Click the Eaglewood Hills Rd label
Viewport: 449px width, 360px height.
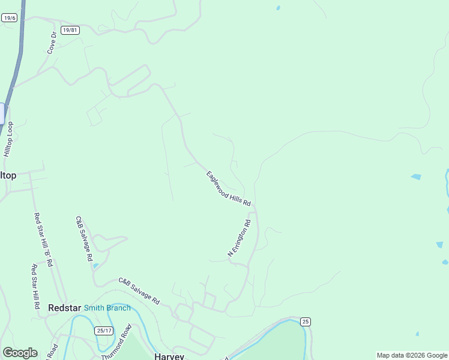point(228,190)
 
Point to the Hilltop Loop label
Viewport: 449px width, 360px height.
point(8,139)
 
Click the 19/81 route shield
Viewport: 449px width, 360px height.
point(70,30)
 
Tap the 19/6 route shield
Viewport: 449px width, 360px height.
point(8,18)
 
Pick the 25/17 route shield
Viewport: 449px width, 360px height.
point(104,331)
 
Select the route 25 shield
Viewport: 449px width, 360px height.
point(306,322)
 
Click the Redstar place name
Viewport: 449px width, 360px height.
point(64,308)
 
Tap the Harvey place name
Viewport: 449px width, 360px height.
point(169,356)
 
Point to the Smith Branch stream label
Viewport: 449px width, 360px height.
point(107,308)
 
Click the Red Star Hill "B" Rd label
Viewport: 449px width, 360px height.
point(43,240)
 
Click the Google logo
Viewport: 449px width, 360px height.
point(20,353)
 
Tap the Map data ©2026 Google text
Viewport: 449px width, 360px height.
point(412,355)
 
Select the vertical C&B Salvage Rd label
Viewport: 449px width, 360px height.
point(84,238)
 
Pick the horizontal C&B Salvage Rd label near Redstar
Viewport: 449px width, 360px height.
point(139,290)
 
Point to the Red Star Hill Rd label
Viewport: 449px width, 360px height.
point(35,287)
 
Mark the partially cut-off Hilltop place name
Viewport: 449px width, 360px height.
point(8,175)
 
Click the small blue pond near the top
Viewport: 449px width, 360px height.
point(277,8)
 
